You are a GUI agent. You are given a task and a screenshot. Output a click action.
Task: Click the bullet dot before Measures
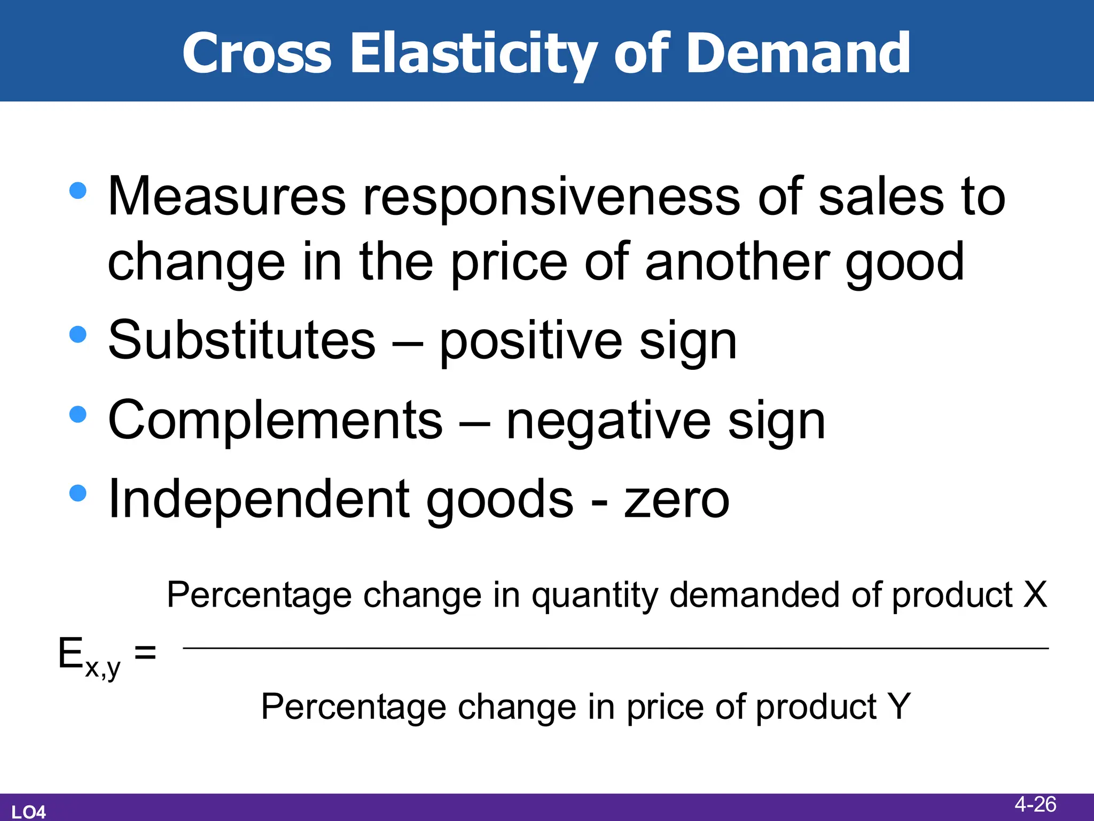point(78,191)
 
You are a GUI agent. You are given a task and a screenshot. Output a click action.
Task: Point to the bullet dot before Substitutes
point(78,335)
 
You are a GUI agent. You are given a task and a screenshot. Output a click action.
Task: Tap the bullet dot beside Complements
point(78,414)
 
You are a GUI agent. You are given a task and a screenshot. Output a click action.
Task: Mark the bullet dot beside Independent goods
point(78,493)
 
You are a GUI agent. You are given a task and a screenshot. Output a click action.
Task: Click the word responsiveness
point(551,197)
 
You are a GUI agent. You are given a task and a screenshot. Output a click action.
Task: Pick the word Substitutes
point(242,341)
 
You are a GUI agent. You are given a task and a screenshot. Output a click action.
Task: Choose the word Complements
point(275,421)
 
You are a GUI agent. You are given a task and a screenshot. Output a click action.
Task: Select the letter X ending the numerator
point(1035,594)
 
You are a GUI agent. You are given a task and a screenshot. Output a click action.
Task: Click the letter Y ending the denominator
point(898,707)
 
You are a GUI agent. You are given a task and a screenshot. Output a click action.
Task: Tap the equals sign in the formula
point(145,652)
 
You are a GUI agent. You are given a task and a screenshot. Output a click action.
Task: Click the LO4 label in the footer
point(29,812)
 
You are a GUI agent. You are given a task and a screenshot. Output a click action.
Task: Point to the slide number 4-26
point(1035,804)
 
